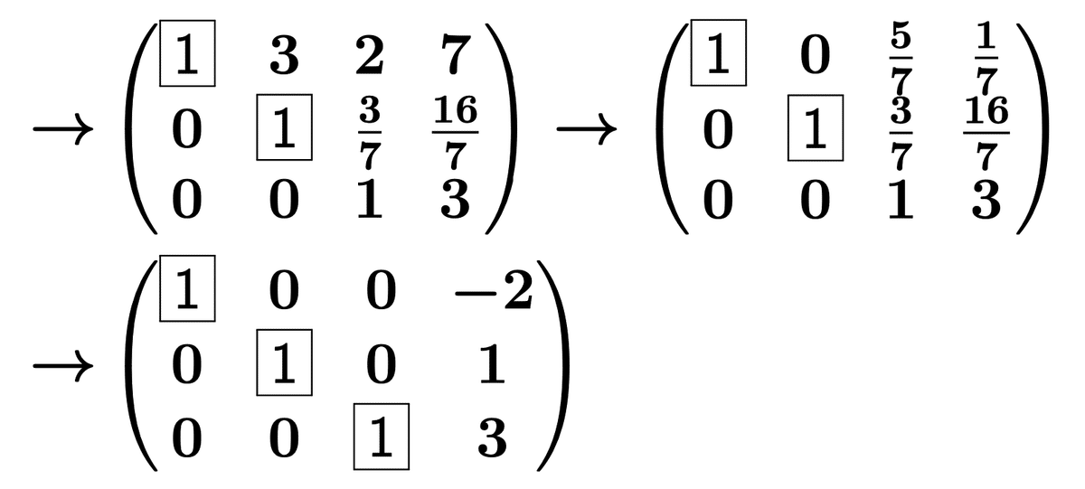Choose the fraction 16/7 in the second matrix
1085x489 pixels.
click(x=986, y=133)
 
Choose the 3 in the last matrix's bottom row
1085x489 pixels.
click(x=491, y=440)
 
